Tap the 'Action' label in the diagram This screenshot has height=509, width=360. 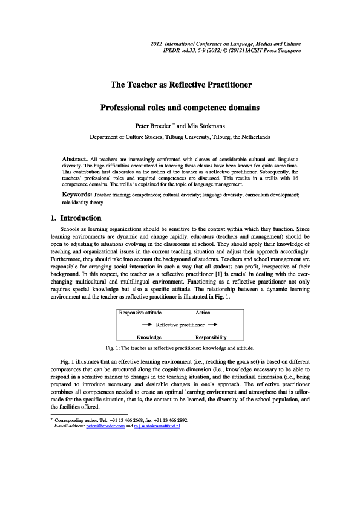coord(203,313)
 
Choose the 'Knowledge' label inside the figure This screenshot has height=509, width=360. coord(149,337)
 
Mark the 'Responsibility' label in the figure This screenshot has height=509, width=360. coord(211,337)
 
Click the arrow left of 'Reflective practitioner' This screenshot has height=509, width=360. coord(146,325)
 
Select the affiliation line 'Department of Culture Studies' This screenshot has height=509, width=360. coord(180,137)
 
